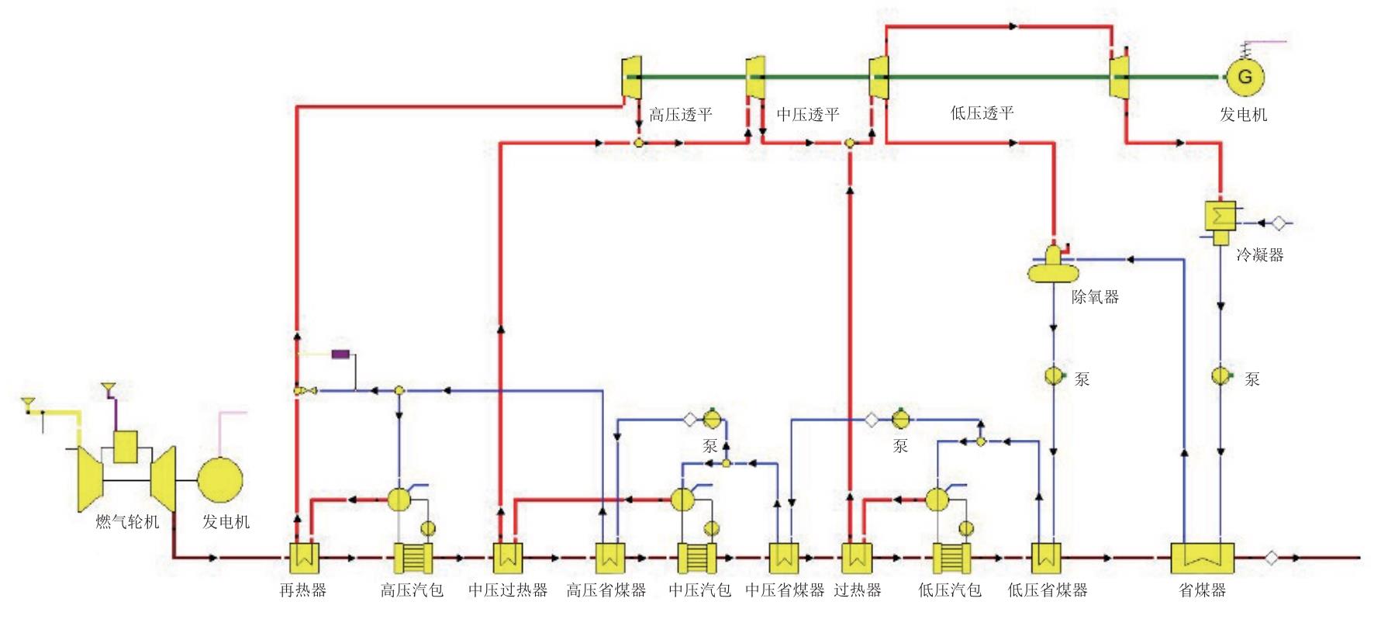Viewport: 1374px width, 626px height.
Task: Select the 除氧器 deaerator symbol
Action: (x=1053, y=266)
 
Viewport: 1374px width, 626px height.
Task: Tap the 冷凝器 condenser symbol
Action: (x=1220, y=222)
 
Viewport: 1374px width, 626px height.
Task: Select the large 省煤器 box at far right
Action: (x=1201, y=557)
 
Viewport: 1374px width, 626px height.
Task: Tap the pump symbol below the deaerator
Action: (x=1054, y=376)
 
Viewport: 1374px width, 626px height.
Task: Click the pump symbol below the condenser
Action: (x=1221, y=376)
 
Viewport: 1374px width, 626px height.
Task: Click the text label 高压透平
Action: (x=680, y=115)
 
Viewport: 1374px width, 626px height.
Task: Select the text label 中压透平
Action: (x=808, y=115)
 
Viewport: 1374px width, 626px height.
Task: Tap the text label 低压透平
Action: (x=982, y=113)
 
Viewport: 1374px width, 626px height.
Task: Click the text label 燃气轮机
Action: (x=127, y=522)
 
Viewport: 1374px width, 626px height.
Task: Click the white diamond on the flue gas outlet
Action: (x=1271, y=558)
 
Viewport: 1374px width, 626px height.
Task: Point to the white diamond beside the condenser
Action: (x=1279, y=223)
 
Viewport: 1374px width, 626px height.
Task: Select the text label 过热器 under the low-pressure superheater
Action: (x=858, y=590)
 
